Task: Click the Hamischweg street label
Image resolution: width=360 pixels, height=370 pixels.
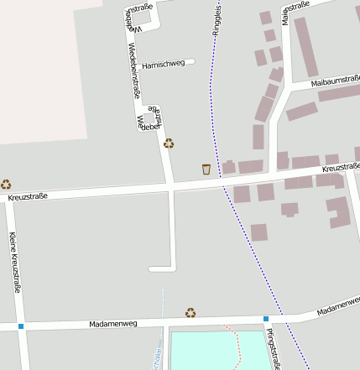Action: coord(164,64)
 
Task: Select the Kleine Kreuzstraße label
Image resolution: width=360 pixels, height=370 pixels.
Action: coord(13,262)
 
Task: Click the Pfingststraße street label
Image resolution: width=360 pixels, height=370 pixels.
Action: coord(274,349)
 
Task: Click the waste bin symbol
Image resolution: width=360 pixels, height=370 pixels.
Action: coord(206,169)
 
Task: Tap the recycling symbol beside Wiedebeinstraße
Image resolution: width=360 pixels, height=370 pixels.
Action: coord(169,143)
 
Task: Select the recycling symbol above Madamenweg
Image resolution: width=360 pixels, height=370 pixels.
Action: coord(190,312)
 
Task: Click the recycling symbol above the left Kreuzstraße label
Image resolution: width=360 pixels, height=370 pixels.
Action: coord(6,184)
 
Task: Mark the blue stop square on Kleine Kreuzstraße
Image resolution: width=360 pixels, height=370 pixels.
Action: coord(21,326)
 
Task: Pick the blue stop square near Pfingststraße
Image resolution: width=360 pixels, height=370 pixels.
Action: coord(266,319)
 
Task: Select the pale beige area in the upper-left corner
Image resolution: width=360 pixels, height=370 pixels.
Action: coord(42,67)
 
